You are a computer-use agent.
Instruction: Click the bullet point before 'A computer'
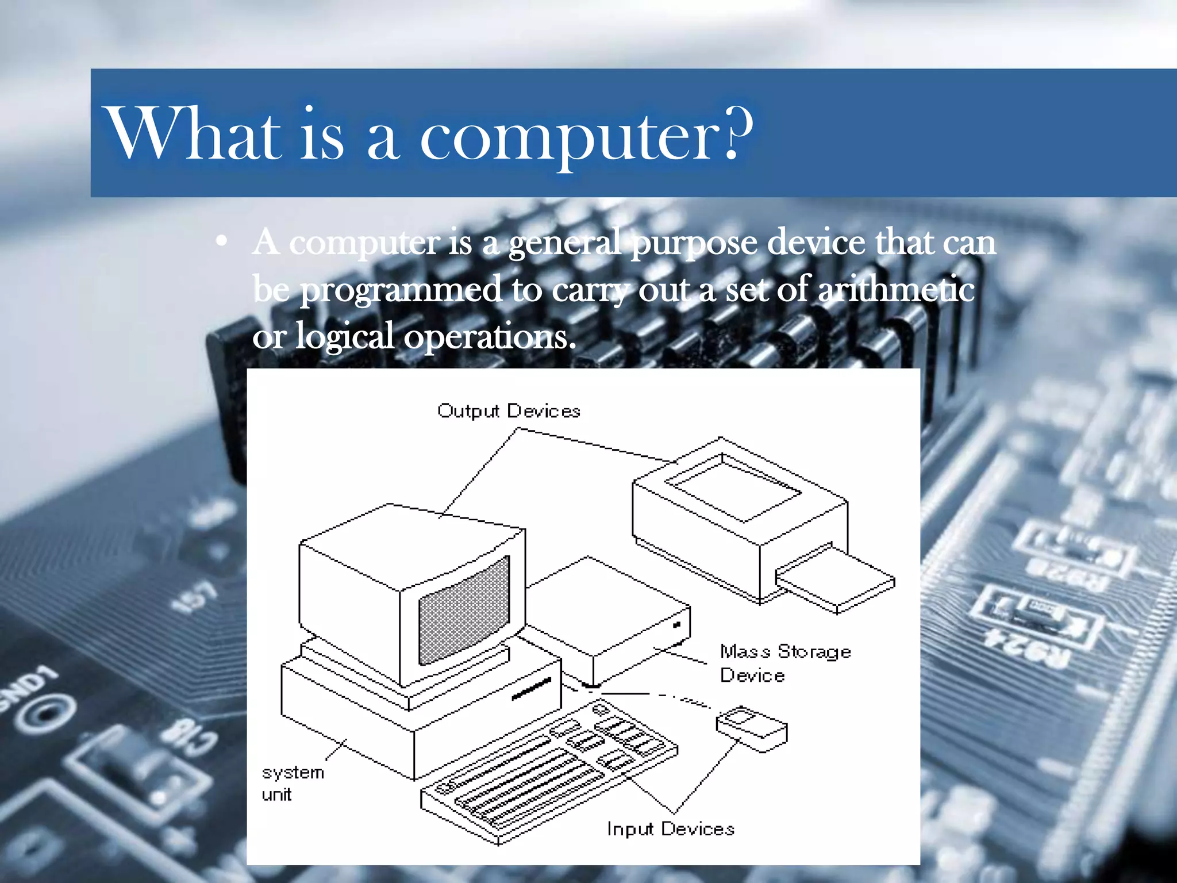tap(221, 241)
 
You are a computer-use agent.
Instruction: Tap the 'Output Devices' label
tap(509, 411)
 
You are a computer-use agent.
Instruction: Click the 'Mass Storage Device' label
tap(784, 663)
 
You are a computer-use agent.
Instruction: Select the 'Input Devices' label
tap(671, 829)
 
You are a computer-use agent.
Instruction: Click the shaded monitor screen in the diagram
tap(464, 611)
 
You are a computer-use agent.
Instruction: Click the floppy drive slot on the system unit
tap(531, 688)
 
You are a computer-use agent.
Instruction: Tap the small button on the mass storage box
tap(676, 625)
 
